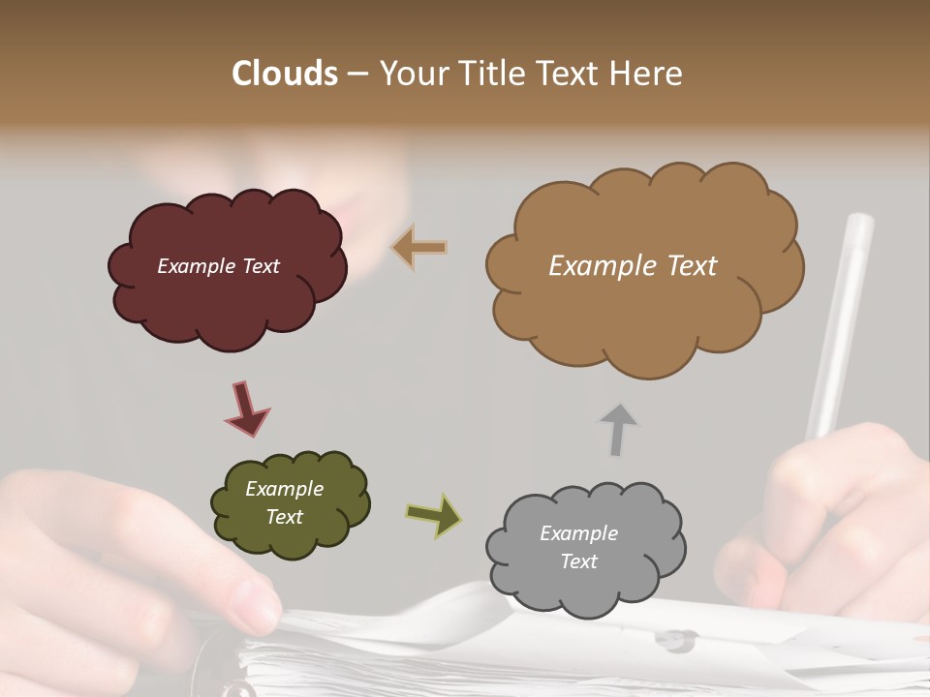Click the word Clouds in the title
tap(285, 74)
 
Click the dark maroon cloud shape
tap(228, 300)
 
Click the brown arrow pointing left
tap(420, 248)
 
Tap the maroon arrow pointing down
tap(246, 409)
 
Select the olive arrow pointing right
tap(434, 514)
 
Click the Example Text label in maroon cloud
tap(218, 266)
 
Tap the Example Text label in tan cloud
tap(633, 266)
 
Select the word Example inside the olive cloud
tap(284, 490)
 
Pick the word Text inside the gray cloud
tap(578, 561)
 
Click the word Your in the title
tap(411, 74)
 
